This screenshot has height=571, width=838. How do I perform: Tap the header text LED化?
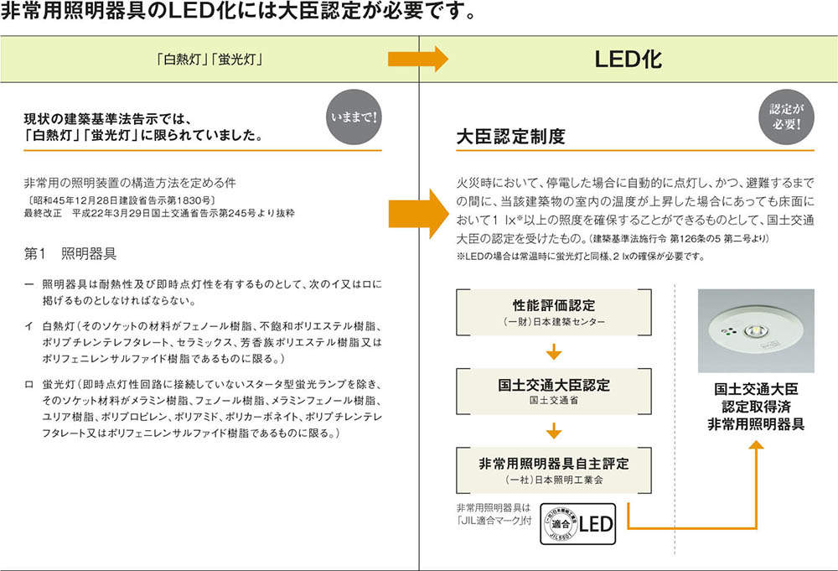click(x=628, y=60)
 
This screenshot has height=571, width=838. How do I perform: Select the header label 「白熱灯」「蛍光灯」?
click(x=210, y=60)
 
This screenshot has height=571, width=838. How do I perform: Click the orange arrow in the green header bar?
click(x=416, y=60)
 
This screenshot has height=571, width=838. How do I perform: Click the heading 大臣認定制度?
click(x=510, y=136)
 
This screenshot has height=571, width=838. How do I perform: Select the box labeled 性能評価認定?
click(x=553, y=310)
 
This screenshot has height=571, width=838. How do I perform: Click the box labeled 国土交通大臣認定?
click(x=553, y=391)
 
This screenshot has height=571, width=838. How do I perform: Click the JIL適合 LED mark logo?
click(x=577, y=524)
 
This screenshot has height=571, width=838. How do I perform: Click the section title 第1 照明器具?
click(x=70, y=252)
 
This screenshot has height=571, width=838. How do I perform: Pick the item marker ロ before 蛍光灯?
click(x=30, y=384)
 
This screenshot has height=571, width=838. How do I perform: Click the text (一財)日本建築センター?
click(x=553, y=322)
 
